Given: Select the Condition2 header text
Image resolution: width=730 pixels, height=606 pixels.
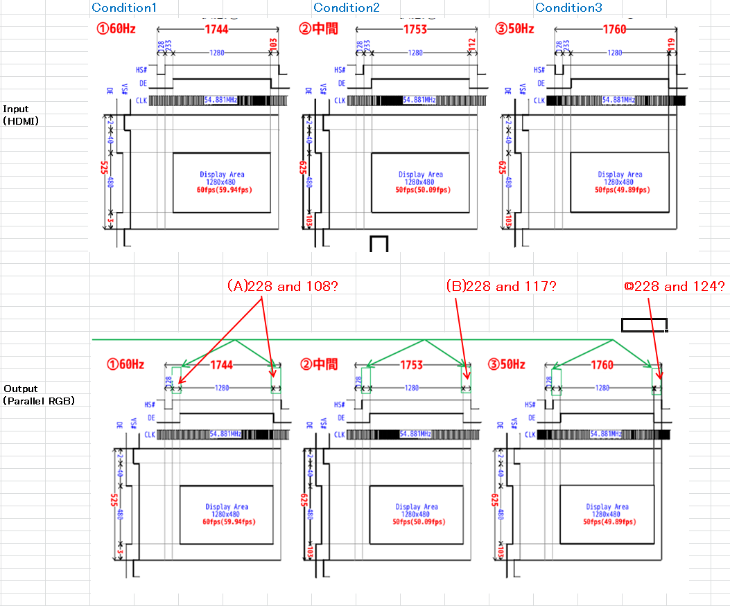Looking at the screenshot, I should tap(346, 8).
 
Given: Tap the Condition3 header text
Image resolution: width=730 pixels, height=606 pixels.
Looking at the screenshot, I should tap(568, 8).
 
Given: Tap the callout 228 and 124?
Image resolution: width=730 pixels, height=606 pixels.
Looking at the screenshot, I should tap(675, 285).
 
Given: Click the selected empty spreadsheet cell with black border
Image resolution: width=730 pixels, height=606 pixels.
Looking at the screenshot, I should tap(644, 324).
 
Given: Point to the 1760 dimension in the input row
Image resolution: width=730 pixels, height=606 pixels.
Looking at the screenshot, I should tap(613, 29).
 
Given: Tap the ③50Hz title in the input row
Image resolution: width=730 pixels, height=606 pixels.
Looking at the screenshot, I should tap(514, 29).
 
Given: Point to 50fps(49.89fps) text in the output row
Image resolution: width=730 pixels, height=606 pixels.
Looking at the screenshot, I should tap(607, 522).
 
